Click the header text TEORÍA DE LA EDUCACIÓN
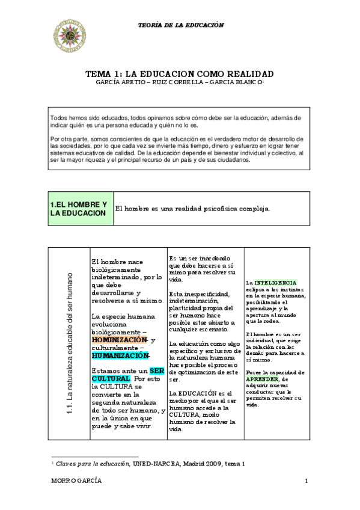coord(180,25)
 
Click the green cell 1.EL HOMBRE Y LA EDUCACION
coord(79,209)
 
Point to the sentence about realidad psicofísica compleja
coord(192,209)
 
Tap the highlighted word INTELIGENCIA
coord(275,281)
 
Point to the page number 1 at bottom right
coord(307,481)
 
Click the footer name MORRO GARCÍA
coord(76,481)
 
